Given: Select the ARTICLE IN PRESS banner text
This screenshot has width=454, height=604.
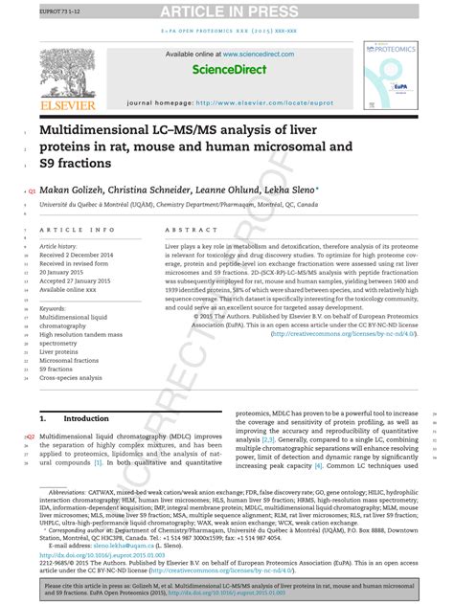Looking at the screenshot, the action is (226, 11).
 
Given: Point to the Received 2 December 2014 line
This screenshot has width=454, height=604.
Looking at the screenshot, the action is (89, 256).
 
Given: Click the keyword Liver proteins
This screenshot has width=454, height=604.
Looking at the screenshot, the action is (58, 351).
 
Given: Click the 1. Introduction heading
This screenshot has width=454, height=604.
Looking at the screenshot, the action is (75, 418).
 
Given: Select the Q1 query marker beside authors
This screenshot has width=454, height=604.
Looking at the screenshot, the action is (32, 190).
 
